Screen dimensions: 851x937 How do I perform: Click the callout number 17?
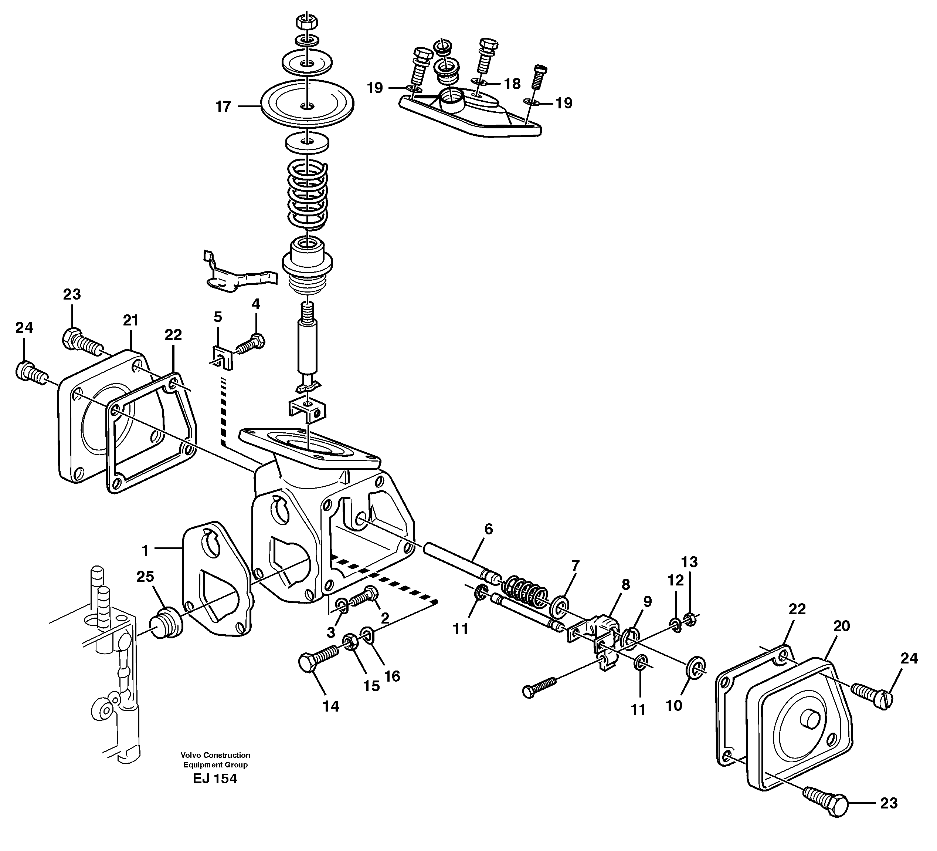pos(223,107)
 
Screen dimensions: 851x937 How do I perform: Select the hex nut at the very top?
pos(307,22)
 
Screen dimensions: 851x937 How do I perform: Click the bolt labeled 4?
pos(251,345)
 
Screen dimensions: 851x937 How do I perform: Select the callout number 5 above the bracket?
pos(217,317)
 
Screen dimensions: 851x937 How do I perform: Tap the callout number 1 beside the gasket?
pos(145,551)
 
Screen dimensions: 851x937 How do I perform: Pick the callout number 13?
pos(689,562)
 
